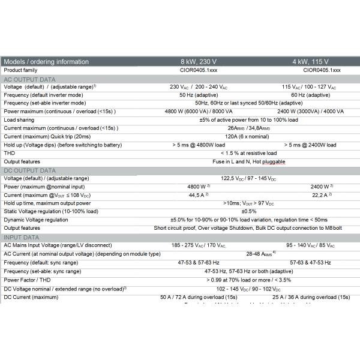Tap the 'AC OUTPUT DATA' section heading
click(29, 79)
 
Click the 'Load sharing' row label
click(20, 119)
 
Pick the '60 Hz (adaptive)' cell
click(310, 95)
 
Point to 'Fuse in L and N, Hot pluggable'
click(249, 161)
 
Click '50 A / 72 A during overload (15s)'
click(199, 296)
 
